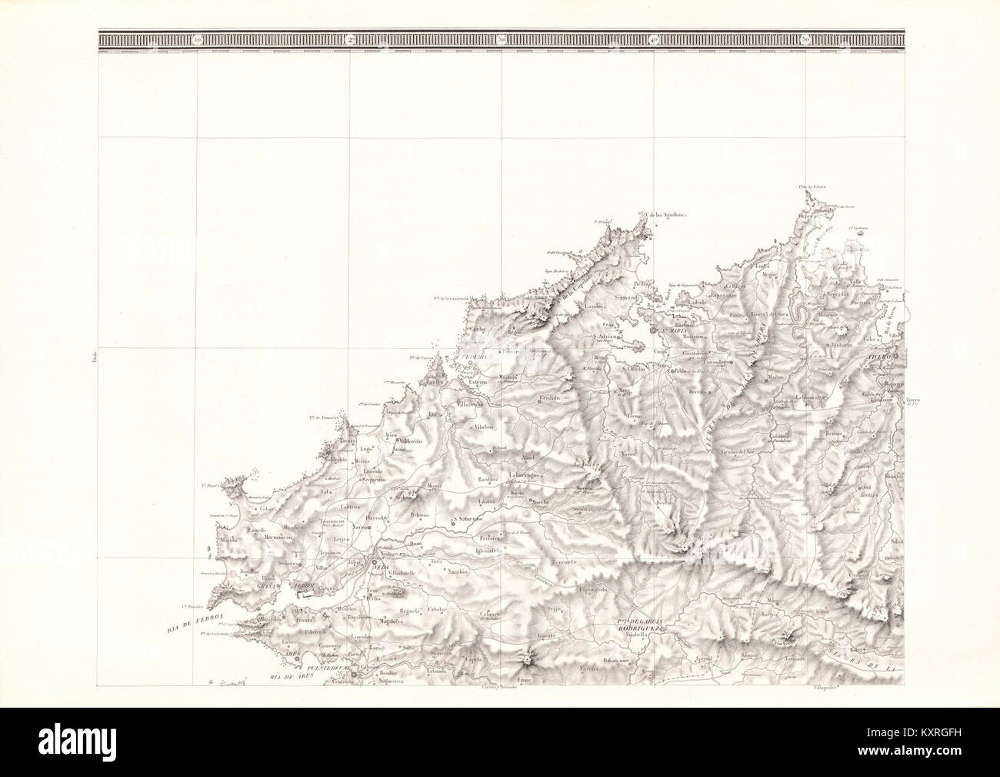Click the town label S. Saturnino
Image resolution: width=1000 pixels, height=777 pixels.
pyautogui.click(x=472, y=518)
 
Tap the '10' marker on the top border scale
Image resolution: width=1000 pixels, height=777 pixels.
pyautogui.click(x=198, y=38)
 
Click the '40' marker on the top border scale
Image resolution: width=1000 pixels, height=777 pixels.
pyautogui.click(x=655, y=38)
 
